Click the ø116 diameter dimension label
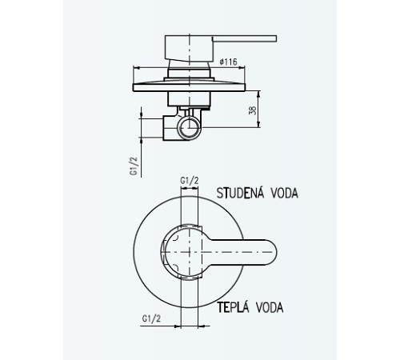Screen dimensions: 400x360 click(228, 62)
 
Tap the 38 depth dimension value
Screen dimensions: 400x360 click(252, 110)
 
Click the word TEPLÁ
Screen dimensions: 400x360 click(233, 307)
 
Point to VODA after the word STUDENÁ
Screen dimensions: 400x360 click(284, 193)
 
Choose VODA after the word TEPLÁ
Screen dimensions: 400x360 click(270, 308)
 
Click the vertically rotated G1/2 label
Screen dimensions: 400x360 click(134, 166)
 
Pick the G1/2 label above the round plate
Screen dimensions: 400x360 click(190, 181)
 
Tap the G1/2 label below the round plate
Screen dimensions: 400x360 click(151, 318)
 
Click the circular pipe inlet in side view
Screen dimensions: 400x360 click(190, 128)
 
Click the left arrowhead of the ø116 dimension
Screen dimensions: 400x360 click(135, 68)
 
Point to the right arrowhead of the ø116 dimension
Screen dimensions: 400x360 click(242, 68)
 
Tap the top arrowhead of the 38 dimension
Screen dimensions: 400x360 click(258, 94)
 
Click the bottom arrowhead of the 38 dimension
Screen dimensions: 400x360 click(258, 125)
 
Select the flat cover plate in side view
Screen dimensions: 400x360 click(189, 87)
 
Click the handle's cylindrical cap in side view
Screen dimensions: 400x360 click(189, 49)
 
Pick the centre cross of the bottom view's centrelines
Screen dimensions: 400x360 click(189, 252)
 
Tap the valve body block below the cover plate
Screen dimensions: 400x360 click(189, 98)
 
